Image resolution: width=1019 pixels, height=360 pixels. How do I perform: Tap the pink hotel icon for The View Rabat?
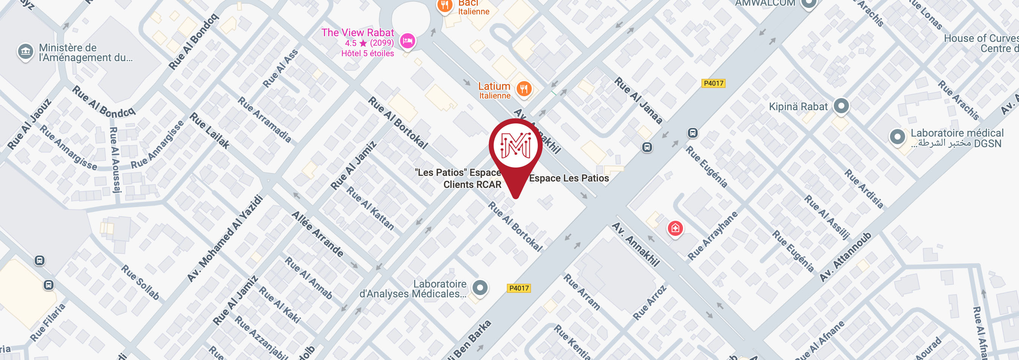pos(407,41)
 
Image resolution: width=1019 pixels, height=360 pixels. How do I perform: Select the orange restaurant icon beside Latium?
pos(524,89)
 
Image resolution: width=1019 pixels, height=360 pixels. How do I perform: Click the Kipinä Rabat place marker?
pos(841,106)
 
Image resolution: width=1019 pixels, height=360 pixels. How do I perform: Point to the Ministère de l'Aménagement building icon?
pos(25,51)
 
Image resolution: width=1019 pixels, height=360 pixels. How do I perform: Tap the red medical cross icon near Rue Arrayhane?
pos(675,228)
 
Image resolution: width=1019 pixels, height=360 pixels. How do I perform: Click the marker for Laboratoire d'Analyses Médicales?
pos(480,288)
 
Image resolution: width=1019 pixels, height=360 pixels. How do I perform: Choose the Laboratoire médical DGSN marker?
pos(897,137)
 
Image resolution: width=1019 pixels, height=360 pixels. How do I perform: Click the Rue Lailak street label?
pos(209,131)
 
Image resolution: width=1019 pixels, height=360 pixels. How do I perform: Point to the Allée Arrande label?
pos(318,234)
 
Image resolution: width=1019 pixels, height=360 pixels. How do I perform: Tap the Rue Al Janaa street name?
pos(638,100)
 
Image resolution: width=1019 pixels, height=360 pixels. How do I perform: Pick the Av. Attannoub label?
pos(845,257)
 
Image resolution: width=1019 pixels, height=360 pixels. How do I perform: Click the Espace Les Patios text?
pos(569,178)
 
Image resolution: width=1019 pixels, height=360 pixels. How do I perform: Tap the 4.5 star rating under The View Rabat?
pos(369,43)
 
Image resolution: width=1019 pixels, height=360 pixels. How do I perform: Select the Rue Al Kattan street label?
pos(370,208)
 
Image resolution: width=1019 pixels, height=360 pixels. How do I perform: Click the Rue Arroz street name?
pos(649,303)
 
